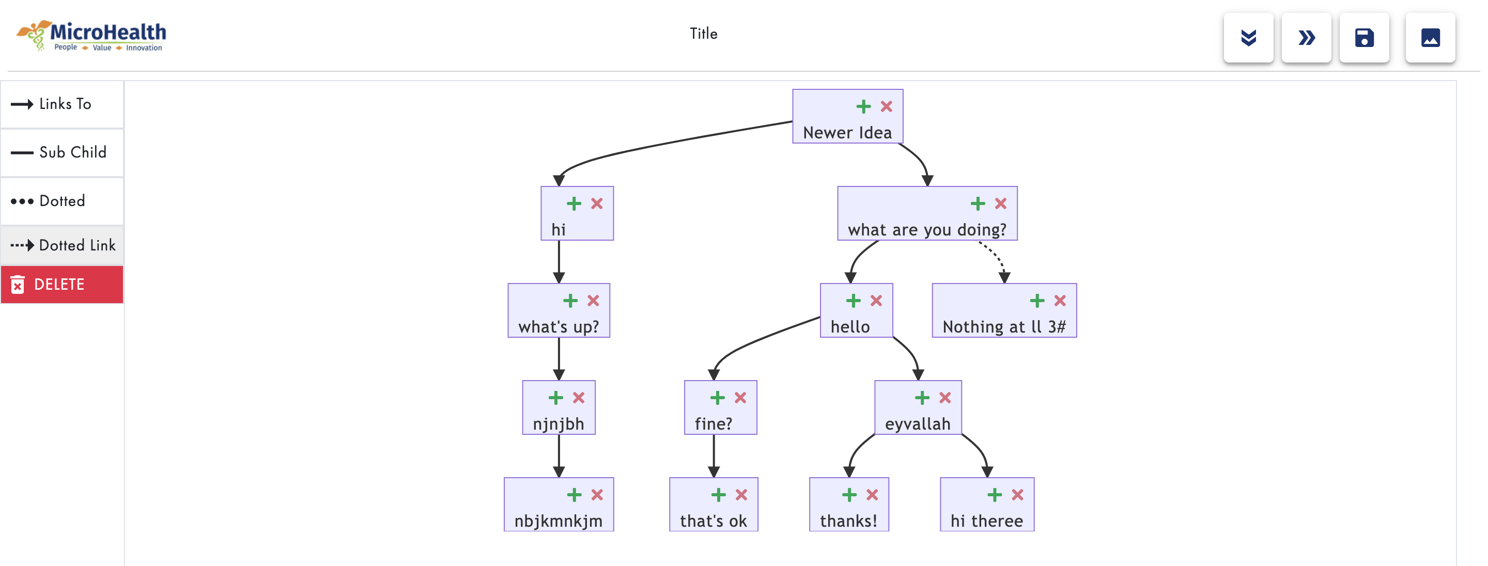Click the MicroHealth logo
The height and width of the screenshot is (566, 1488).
click(91, 36)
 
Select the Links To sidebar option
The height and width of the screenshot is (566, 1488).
click(62, 104)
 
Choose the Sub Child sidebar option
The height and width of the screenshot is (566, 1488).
click(62, 152)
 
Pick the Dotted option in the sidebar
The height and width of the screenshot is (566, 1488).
click(62, 201)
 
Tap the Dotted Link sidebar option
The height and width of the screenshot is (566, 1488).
click(62, 245)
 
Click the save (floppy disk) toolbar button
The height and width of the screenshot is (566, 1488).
click(1364, 38)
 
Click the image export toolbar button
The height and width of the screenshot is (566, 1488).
click(1430, 38)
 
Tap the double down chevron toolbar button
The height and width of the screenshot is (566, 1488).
click(1248, 38)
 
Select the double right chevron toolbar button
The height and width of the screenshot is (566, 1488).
click(1306, 38)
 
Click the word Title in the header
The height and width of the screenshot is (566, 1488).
click(703, 34)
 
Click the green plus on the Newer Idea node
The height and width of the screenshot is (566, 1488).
click(863, 106)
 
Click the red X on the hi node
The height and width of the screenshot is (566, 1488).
click(597, 203)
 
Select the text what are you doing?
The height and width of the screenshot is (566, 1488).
click(926, 230)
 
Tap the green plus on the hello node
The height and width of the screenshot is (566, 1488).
click(853, 301)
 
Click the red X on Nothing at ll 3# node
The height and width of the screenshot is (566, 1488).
click(1059, 301)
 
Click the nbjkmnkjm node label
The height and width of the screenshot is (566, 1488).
click(558, 521)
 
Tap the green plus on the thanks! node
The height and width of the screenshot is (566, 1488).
click(848, 494)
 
